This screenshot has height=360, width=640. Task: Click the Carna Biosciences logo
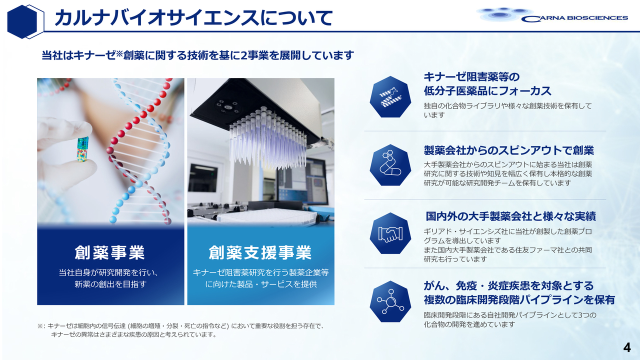pos(552,15)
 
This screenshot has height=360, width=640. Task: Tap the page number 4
pos(627,347)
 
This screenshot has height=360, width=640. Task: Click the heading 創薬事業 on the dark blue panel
pos(110,252)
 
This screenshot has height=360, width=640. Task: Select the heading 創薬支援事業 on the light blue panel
pos(260,252)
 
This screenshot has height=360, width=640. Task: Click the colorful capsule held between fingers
pos(83,149)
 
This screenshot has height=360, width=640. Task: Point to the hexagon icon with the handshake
pos(390,233)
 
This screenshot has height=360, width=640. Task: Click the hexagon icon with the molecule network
pos(390,301)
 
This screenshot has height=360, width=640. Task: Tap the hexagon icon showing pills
pos(390,165)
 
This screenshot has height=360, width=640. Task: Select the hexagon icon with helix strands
pos(390,97)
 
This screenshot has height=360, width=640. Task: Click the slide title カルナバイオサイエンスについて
pos(193,18)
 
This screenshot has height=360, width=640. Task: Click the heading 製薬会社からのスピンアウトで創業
pos(509,150)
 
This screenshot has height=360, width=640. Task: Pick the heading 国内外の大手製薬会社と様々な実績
pos(511,216)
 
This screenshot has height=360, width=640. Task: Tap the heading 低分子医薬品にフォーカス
pos(487,91)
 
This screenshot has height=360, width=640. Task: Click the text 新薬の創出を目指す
pos(110,284)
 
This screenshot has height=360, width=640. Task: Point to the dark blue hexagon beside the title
pos(22,21)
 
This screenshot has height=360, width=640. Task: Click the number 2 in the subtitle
pos(243,55)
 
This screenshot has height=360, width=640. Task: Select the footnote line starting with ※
pos(180,326)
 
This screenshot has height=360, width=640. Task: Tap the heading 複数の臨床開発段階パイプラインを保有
pos(519,300)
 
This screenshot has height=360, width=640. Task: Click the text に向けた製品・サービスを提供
pos(261,284)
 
